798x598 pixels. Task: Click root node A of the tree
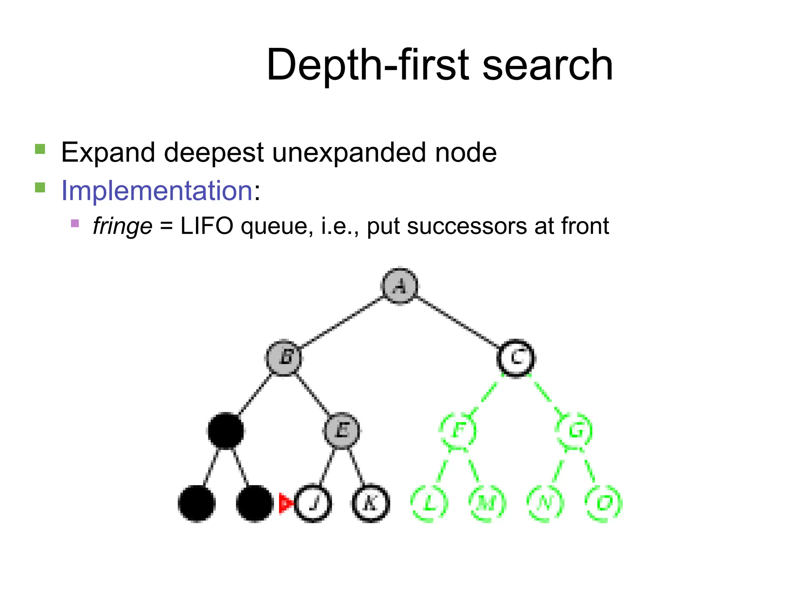coord(399,286)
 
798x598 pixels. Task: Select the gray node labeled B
coord(284,358)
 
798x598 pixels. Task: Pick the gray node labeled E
coord(342,431)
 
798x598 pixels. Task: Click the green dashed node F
coord(458,431)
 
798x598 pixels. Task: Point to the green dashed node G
coord(575,431)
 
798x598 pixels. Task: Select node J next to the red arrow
coord(313,503)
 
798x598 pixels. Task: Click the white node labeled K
coord(371,503)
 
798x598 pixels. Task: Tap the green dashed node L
coord(429,503)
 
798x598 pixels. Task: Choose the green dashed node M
coord(487,503)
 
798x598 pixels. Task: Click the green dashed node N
coord(545,503)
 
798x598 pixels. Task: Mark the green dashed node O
coord(604,503)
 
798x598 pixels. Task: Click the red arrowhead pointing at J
coord(285,503)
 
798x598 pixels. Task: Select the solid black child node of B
coord(226,431)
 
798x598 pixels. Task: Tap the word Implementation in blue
coord(157,191)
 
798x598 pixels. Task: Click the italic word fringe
coord(122,226)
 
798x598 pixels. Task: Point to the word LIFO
coord(207,226)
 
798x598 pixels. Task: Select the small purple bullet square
coord(75,223)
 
